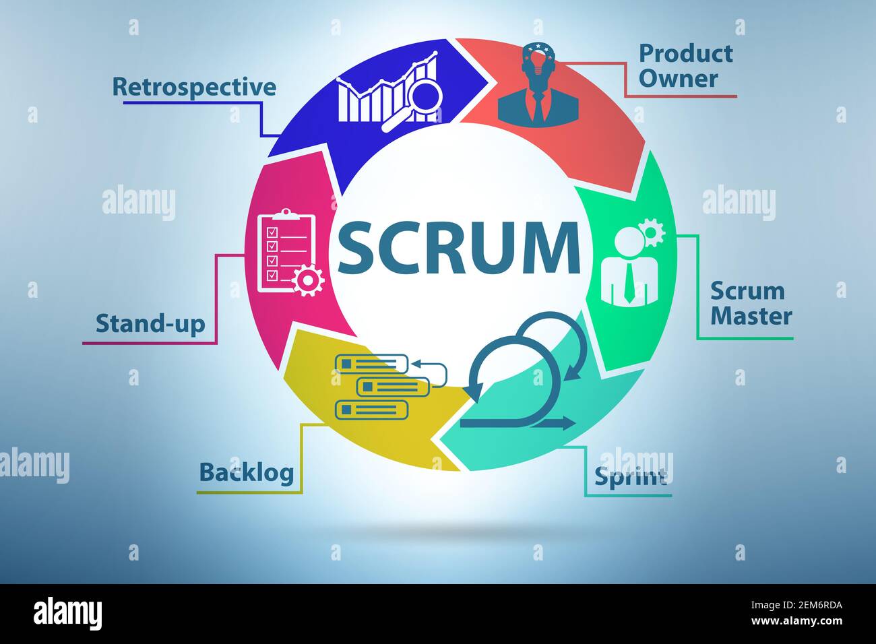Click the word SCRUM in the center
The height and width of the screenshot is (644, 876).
coord(458,247)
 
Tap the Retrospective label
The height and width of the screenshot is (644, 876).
coord(194,87)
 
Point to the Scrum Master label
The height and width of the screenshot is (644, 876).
coord(751,303)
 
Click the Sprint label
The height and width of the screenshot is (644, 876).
coord(630,476)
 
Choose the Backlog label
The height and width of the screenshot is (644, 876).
coord(247,472)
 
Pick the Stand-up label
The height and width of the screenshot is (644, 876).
coord(150,323)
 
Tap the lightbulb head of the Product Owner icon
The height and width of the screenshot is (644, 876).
coord(538,62)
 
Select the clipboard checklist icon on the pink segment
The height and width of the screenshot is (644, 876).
coord(286,251)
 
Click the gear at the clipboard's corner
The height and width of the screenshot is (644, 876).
coord(309,280)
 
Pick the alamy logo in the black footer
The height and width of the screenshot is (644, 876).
coord(68,614)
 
